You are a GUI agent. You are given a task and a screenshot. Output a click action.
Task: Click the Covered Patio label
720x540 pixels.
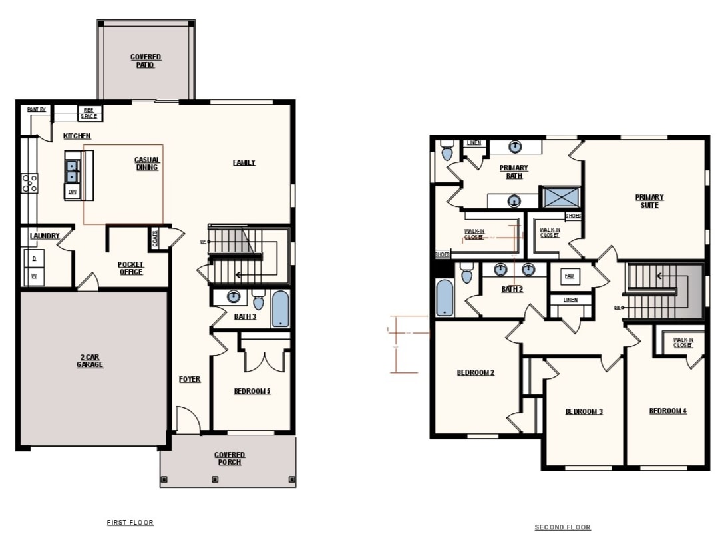tap(145, 61)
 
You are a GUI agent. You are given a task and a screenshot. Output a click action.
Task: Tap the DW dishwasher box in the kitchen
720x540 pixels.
tap(71, 192)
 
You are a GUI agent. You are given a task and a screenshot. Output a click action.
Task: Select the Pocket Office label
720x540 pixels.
tap(130, 268)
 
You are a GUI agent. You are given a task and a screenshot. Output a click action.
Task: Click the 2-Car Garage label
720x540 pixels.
tap(90, 361)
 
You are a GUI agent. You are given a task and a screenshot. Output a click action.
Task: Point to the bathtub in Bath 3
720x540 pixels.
tap(281, 309)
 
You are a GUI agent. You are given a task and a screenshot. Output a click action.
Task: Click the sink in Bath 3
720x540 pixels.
tap(234, 297)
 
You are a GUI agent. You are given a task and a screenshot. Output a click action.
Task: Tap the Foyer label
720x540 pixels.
tap(190, 380)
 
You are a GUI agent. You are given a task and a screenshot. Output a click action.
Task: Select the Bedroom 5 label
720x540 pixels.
tap(252, 392)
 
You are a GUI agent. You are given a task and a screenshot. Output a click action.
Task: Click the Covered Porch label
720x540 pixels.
tap(230, 459)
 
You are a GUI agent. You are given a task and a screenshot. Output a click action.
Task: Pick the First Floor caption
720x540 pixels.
tap(130, 523)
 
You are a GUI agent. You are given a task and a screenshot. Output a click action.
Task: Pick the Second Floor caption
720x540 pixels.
tap(563, 527)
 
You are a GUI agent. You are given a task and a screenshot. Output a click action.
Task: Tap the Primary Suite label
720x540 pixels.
tap(649, 201)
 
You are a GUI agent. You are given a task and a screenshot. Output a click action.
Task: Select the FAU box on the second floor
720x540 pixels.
tap(569, 276)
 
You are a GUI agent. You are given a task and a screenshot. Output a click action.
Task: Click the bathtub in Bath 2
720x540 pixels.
tap(445, 298)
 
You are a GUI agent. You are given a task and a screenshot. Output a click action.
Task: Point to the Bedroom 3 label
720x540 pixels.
tap(584, 412)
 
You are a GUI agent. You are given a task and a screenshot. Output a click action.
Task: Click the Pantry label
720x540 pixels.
tap(37, 110)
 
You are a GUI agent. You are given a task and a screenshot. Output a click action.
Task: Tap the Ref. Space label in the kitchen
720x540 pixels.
tap(89, 113)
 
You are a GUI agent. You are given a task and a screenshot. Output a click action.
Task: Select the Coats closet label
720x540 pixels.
tap(155, 238)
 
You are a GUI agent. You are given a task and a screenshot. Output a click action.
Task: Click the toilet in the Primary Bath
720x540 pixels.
tap(447, 152)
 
